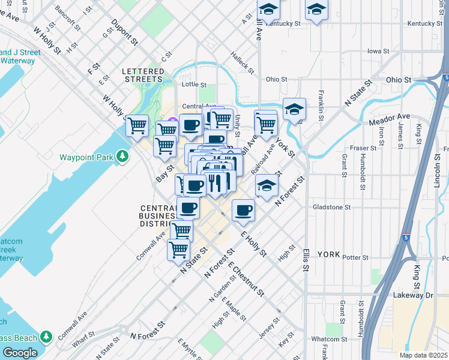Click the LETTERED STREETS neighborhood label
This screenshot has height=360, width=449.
click(142, 75)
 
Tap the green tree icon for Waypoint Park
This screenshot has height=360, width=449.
click(123, 157)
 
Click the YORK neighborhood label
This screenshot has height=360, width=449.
click(328, 254)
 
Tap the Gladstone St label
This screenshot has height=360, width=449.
click(331, 207)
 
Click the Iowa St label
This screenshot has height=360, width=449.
click(375, 51)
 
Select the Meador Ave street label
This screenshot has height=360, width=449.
click(390, 119)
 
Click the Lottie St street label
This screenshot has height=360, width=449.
click(194, 85)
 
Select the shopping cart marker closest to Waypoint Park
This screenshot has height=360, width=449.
click(137, 125)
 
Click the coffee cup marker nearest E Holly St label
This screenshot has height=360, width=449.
click(243, 209)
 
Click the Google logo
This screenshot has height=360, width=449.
click(20, 353)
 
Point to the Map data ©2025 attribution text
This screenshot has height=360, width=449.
click(423, 355)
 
